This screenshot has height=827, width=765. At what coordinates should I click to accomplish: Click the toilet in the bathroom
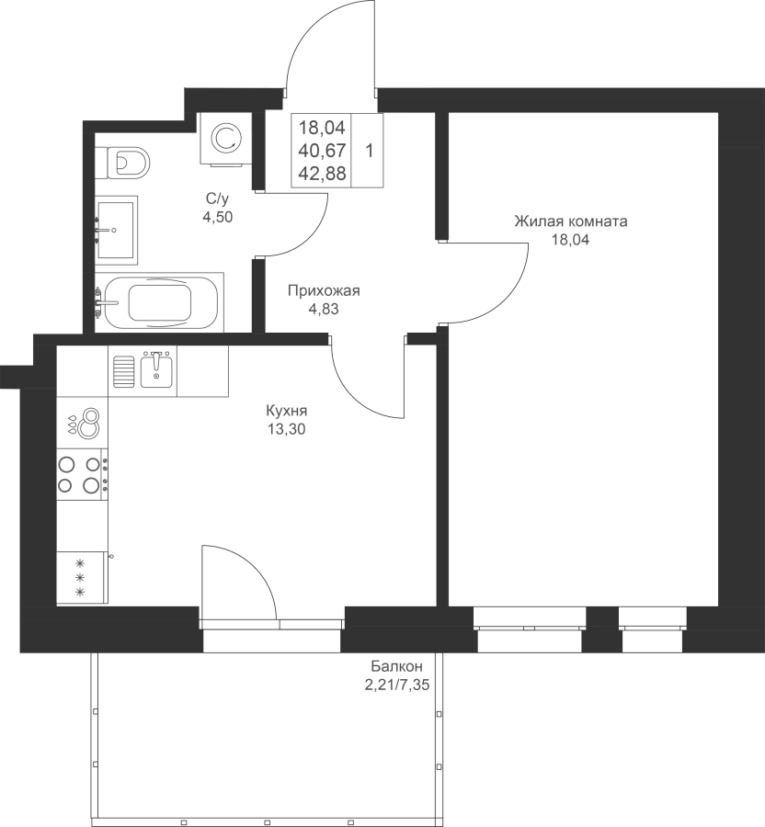click(x=128, y=163)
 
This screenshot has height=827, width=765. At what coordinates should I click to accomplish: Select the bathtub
click(x=160, y=302)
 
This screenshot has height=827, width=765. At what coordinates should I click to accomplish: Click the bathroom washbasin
click(x=116, y=230)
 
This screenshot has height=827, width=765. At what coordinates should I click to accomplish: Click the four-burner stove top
click(x=83, y=475)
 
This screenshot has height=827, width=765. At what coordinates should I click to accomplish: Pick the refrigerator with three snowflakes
click(x=83, y=577)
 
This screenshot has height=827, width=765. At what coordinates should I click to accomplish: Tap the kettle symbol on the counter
click(x=85, y=423)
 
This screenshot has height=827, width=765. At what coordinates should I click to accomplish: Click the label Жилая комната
click(x=571, y=221)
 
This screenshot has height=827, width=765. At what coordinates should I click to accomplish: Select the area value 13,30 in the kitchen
click(x=286, y=429)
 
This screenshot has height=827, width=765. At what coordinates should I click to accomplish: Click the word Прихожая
click(x=324, y=290)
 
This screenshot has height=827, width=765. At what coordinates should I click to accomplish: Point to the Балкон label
click(x=396, y=665)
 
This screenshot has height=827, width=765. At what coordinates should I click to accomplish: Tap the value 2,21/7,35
click(x=396, y=685)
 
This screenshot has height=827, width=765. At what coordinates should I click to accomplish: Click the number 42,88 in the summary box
click(x=322, y=173)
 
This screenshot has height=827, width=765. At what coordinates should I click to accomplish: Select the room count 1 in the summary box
click(x=370, y=152)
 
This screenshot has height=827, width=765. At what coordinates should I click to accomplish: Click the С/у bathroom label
click(x=218, y=198)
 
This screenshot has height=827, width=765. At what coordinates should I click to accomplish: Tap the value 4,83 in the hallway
click(x=324, y=310)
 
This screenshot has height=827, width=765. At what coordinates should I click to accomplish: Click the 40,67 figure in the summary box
click(x=322, y=151)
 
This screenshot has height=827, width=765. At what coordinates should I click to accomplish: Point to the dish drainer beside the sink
click(x=124, y=371)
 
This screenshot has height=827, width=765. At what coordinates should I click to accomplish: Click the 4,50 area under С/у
click(x=218, y=217)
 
